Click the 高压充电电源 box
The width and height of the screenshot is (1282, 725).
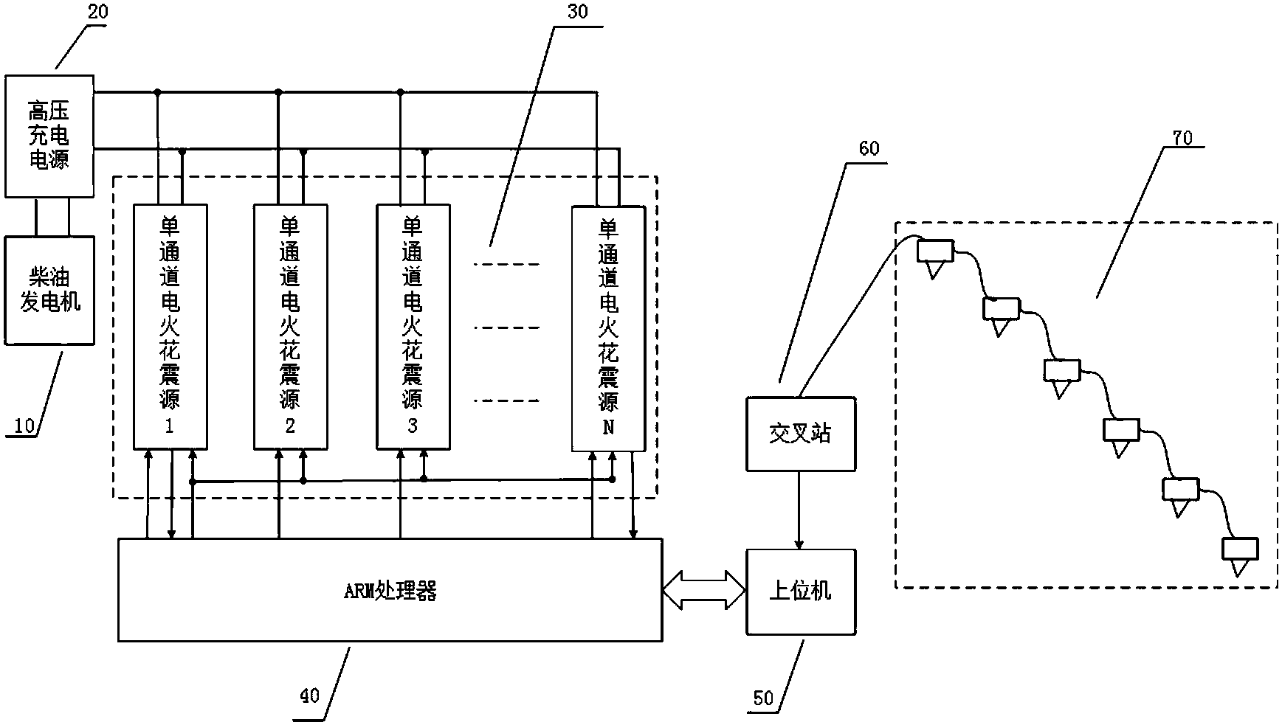49,136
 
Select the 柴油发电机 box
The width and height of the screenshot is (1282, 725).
49,290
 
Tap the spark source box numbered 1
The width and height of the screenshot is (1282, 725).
170,327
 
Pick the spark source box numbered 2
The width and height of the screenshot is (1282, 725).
290,327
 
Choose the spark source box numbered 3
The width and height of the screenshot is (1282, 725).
413,327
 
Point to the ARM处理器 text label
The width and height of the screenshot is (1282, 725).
390,591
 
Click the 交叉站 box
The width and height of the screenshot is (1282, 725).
800,434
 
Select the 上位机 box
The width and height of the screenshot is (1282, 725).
800,591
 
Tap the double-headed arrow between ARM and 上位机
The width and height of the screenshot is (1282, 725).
704,590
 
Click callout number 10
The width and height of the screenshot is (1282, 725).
24,426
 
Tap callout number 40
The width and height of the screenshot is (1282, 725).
311,695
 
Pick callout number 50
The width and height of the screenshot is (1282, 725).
763,698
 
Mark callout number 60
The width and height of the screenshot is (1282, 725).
869,149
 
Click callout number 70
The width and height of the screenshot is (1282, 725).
1182,137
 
